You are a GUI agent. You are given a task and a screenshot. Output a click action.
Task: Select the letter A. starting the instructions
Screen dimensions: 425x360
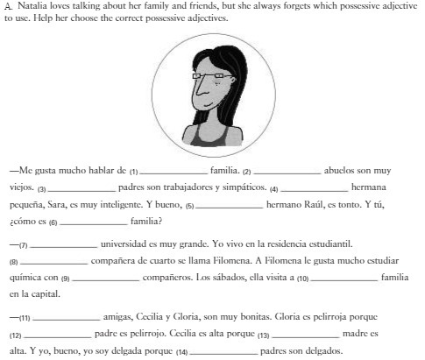click(7, 5)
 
